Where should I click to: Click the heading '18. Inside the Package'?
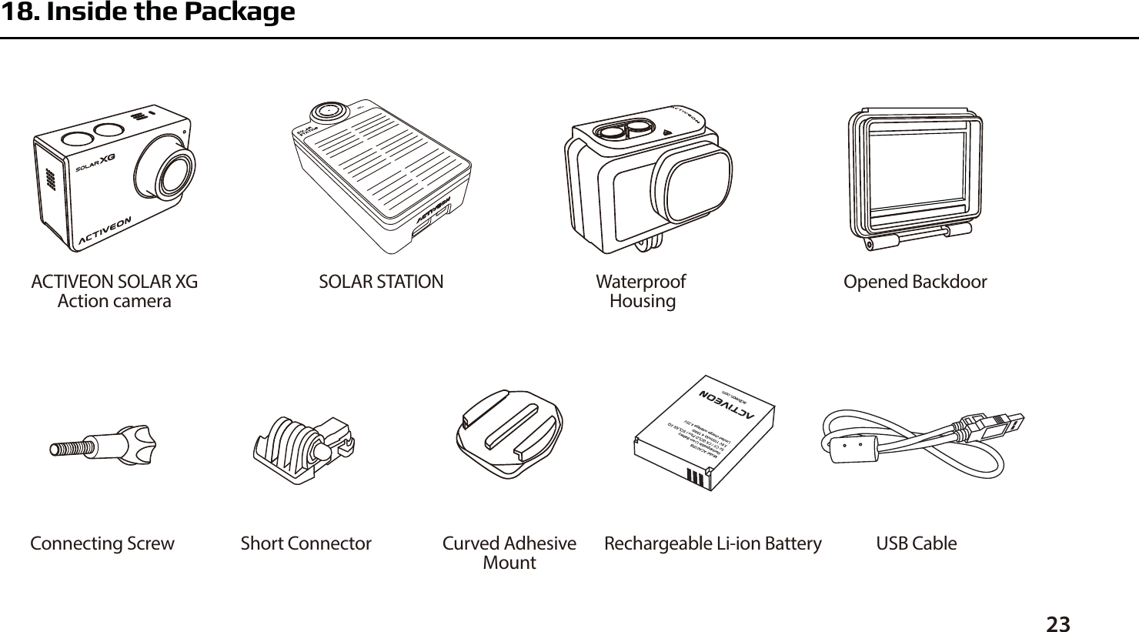[x=147, y=13]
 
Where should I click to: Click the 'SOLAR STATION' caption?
[x=381, y=282]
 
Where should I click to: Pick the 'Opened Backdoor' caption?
[x=915, y=282]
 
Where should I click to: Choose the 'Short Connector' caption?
[x=306, y=543]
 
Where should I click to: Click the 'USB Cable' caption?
[x=917, y=543]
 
